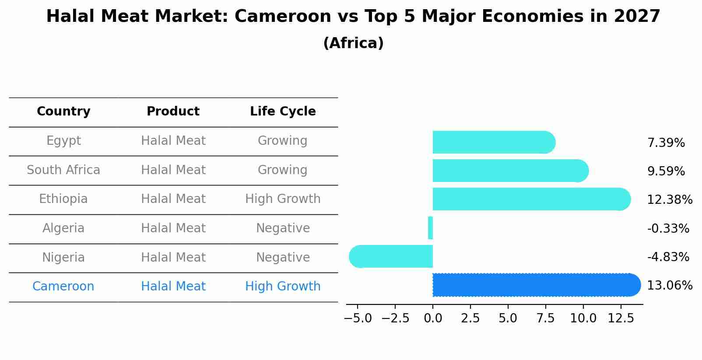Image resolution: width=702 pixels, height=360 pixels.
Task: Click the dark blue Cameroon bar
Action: coord(534,285)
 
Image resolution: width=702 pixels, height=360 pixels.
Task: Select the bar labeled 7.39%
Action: coord(492,142)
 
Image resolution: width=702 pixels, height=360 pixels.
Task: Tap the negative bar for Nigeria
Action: coord(392,256)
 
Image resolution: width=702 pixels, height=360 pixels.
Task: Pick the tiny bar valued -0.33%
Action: coord(431,228)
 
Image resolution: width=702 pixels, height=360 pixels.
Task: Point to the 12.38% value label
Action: coord(669,200)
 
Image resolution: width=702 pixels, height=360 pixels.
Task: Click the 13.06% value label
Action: coord(669,286)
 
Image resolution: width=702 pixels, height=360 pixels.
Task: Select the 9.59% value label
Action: coord(666,171)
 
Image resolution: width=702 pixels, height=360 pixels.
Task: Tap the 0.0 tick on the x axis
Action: coord(433,318)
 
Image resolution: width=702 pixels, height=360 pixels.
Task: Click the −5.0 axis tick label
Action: coord(358,318)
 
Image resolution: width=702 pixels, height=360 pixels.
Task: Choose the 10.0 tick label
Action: coord(583,318)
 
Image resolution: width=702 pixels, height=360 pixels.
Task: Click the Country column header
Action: coord(63,112)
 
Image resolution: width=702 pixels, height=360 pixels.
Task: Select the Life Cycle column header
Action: coord(283,112)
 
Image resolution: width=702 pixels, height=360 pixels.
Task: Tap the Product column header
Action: coord(173,112)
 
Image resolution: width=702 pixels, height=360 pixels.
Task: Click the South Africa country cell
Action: coord(63,170)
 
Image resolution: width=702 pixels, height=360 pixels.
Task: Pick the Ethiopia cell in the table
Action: coord(63,199)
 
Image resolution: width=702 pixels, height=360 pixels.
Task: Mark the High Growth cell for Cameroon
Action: coord(283,287)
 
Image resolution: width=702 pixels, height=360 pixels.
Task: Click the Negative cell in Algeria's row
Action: coord(283,228)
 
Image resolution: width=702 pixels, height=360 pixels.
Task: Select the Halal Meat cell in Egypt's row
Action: coord(173,141)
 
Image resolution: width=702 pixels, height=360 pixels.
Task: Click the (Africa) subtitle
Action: coord(353,43)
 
